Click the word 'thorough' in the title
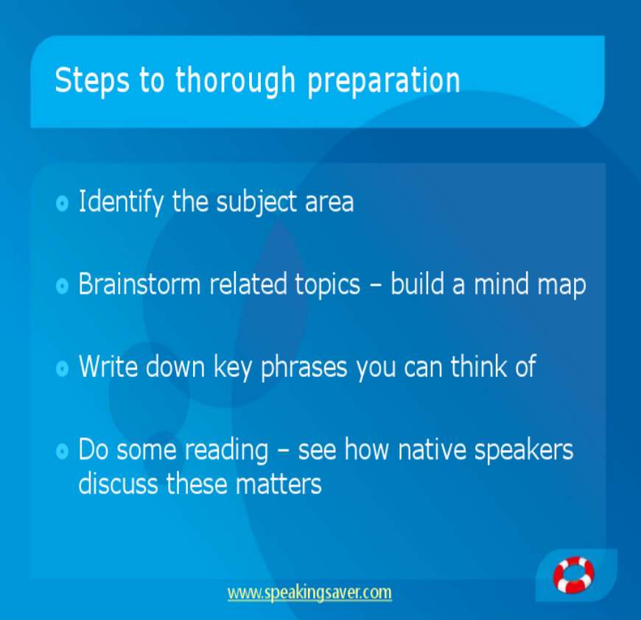click(235, 80)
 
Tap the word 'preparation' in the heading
click(383, 81)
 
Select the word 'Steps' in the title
click(92, 80)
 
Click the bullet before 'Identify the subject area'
click(62, 202)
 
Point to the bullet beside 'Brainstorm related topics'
click(62, 286)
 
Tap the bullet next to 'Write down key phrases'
click(62, 368)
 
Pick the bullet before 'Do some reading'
click(62, 451)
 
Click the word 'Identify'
click(121, 202)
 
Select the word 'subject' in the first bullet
click(256, 202)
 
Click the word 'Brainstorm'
click(139, 284)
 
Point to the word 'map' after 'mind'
click(561, 286)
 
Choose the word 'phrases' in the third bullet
click(304, 367)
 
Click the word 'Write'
click(108, 366)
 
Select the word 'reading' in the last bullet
click(226, 451)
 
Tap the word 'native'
click(432, 449)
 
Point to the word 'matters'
click(279, 485)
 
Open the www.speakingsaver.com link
click(309, 593)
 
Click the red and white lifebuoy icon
click(573, 574)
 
